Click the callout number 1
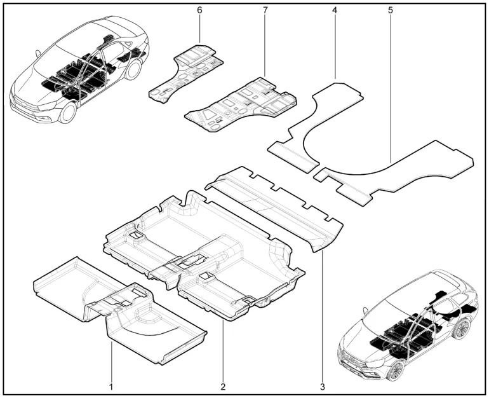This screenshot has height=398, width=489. [111, 387]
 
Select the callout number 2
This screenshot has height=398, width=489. [223, 387]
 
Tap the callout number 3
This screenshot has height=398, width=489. [323, 387]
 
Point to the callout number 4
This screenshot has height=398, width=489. [335, 10]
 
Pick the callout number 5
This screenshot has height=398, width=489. [391, 10]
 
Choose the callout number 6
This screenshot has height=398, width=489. [199, 10]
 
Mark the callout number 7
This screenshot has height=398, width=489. [265, 10]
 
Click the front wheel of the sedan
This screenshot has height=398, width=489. [68, 113]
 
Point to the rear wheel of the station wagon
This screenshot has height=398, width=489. [462, 329]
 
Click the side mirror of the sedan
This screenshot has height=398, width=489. [37, 53]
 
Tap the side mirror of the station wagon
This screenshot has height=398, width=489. [365, 311]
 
